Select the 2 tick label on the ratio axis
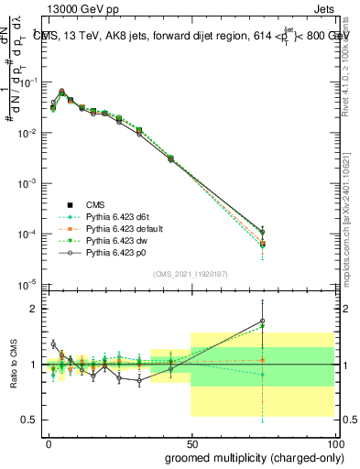pyautogui.click(x=33, y=309)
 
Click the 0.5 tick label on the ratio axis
pyautogui.click(x=29, y=420)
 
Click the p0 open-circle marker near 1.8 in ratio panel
pyautogui.click(x=263, y=322)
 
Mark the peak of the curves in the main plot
pyautogui.click(x=61, y=92)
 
